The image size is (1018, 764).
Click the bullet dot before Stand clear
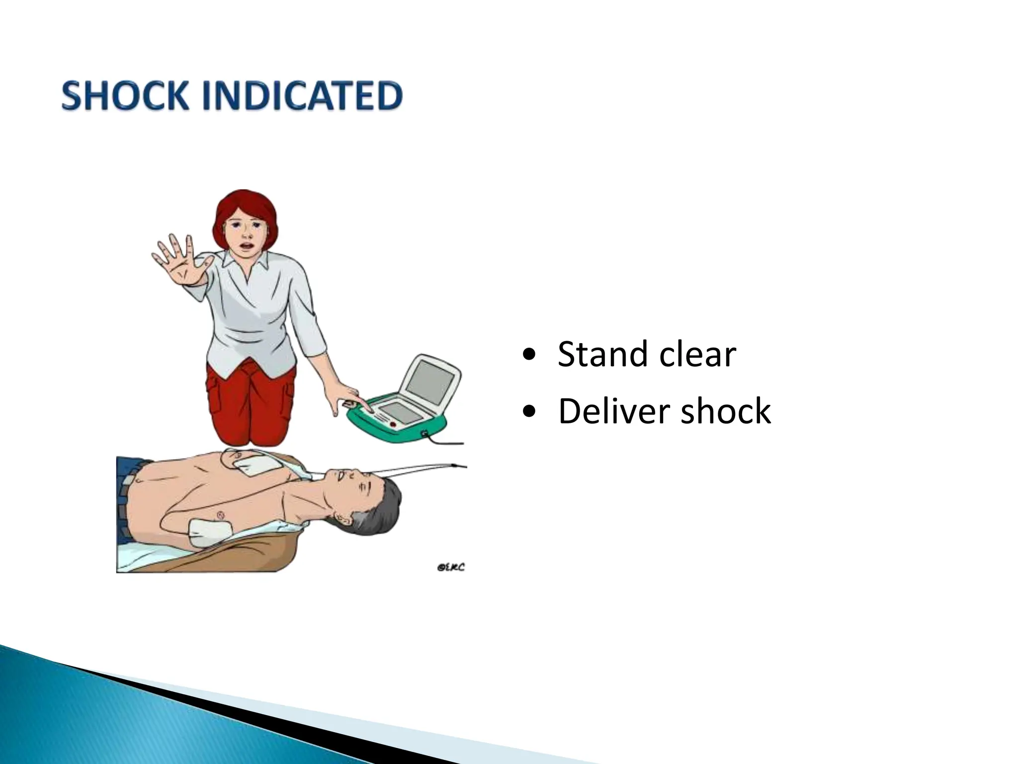click(529, 355)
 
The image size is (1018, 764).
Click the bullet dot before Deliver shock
click(529, 412)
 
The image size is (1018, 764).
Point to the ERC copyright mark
click(450, 567)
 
